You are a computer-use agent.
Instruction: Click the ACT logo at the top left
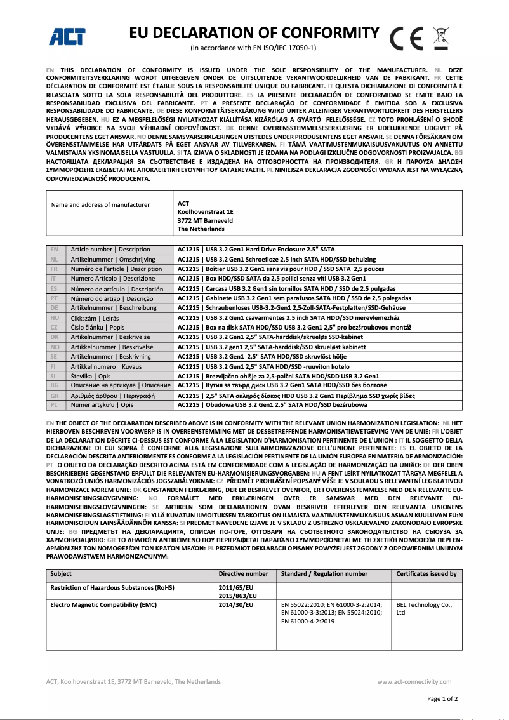[x=68, y=37]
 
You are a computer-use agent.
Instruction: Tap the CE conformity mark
[x=407, y=39]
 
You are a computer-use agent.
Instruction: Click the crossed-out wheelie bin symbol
[x=440, y=37]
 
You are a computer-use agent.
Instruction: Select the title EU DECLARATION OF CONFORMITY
[x=254, y=33]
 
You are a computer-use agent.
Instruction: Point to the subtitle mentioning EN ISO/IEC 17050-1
[x=253, y=48]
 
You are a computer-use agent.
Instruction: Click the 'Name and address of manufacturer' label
[x=100, y=204]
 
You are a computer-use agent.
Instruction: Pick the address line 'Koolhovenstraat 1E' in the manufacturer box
[x=206, y=212]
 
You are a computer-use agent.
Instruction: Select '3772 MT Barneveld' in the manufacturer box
[x=205, y=220]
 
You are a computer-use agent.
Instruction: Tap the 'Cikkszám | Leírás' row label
[x=95, y=318]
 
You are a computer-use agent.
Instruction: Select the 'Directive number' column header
[x=243, y=574]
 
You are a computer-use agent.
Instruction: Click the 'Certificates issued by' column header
[x=426, y=574]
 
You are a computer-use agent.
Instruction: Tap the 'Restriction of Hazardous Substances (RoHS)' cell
[x=112, y=588]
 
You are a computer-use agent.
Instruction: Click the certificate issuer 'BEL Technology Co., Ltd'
[x=424, y=609]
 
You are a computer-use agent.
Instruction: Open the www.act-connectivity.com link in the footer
[x=417, y=681]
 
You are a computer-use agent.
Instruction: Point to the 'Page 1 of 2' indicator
[x=442, y=698]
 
